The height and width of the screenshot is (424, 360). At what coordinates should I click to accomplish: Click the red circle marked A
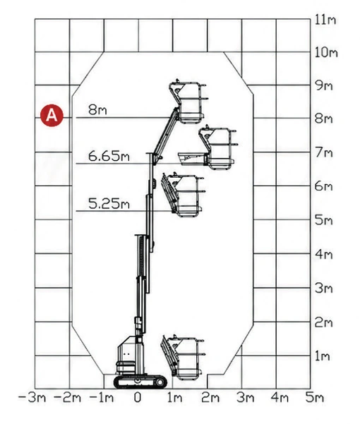coord(52,115)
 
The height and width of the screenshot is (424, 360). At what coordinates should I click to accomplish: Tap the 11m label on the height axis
coord(325,20)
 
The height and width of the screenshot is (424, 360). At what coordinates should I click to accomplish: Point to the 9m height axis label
coord(324,85)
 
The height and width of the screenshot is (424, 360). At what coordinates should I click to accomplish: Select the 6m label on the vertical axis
coord(323,186)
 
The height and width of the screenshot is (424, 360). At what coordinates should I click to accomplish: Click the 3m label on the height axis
coord(323,288)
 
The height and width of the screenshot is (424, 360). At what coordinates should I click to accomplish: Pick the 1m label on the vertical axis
coord(323,356)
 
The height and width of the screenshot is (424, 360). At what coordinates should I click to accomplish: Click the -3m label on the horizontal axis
coord(31,398)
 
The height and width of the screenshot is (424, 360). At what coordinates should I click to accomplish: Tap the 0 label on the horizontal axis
coord(138,397)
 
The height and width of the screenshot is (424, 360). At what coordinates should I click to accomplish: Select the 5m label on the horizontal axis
coord(315,398)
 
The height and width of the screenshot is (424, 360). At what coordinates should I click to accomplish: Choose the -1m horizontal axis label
coord(101,398)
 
